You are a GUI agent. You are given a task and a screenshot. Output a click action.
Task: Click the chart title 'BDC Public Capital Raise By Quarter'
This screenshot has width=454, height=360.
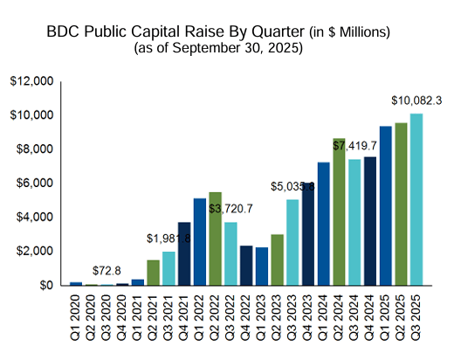[x=188, y=31]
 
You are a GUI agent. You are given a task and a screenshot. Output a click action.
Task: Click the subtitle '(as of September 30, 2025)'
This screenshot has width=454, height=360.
[x=218, y=48]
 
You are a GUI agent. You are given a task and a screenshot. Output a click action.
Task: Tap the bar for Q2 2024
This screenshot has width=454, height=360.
[x=339, y=211]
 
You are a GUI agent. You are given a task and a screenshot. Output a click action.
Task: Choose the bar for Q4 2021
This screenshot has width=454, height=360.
[x=183, y=253]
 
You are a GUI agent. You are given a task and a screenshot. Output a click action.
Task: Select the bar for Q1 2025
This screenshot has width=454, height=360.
[x=385, y=205]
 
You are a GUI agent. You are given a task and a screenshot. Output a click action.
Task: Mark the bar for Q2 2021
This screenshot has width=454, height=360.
[x=153, y=273]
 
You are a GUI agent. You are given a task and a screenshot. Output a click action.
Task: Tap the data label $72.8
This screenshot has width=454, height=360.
[x=107, y=269]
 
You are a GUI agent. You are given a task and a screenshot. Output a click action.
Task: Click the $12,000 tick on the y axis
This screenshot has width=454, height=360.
[x=32, y=81]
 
